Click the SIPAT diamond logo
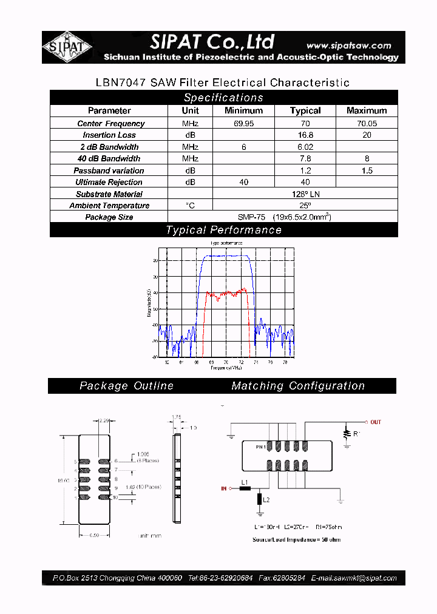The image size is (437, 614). (x=67, y=47)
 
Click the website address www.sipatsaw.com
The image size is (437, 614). (x=348, y=46)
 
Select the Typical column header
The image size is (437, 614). (x=305, y=111)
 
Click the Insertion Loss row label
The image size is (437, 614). (x=109, y=135)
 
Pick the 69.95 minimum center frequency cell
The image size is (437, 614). (x=243, y=124)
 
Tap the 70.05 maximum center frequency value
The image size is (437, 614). (x=366, y=124)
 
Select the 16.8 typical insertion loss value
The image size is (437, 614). (x=305, y=135)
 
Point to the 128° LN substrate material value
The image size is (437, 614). (x=305, y=194)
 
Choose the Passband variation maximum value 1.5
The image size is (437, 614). (x=366, y=171)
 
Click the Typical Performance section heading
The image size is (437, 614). (x=223, y=230)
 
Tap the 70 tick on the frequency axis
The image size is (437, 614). (x=226, y=362)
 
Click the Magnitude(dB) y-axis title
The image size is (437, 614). (x=149, y=303)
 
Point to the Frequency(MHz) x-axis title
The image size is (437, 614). (x=226, y=368)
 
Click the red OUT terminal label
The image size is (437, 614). (x=375, y=422)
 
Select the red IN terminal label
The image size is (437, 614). (x=223, y=487)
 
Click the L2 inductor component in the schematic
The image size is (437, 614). (x=260, y=499)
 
